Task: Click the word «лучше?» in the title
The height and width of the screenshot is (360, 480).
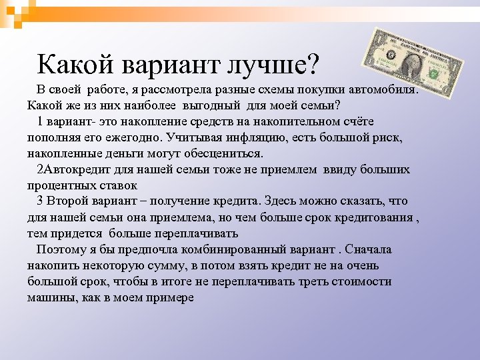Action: tap(274, 65)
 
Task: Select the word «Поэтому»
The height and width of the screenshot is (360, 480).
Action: tap(61, 249)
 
